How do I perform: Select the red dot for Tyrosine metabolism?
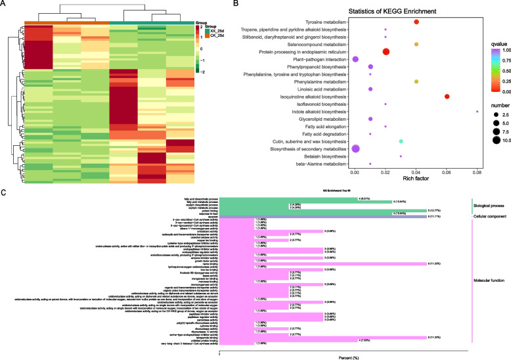pos(416,23)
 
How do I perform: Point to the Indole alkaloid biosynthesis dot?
pos(477,112)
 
